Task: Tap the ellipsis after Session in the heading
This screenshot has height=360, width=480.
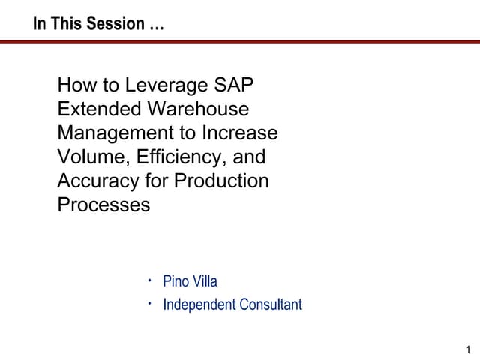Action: [156, 25]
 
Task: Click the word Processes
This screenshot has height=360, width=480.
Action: [103, 205]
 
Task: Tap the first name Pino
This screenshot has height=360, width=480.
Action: [176, 282]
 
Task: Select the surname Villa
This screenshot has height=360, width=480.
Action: [205, 282]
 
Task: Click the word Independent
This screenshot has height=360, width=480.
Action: [199, 304]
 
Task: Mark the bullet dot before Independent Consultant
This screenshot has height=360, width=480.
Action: [150, 303]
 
